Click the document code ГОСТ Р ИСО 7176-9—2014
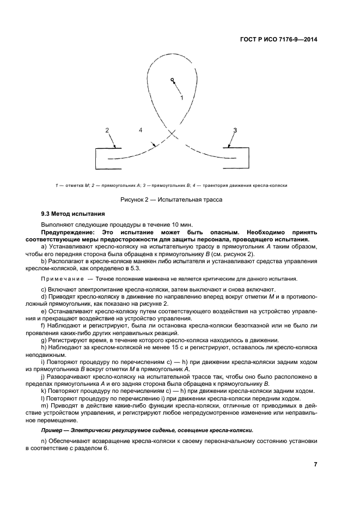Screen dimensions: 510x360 point(278,39)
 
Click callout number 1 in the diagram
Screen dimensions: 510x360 point(182,97)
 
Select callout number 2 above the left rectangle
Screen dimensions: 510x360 point(107,130)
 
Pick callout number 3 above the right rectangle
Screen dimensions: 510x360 point(235,130)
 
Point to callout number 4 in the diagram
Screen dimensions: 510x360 point(141,130)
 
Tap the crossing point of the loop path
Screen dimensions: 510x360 point(173,133)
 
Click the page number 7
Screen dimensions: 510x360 point(315,464)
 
